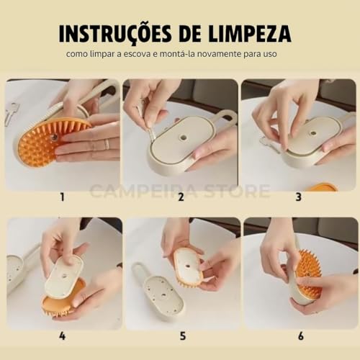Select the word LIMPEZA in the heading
click(253, 34)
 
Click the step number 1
click(62, 195)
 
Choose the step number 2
click(181, 195)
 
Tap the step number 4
click(62, 336)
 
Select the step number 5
click(181, 336)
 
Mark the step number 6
click(301, 336)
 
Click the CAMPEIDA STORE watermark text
click(179, 192)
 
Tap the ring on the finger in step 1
click(107, 144)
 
